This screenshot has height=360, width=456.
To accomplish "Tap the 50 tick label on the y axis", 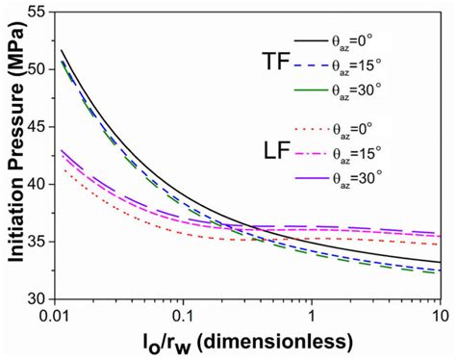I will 37,68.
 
